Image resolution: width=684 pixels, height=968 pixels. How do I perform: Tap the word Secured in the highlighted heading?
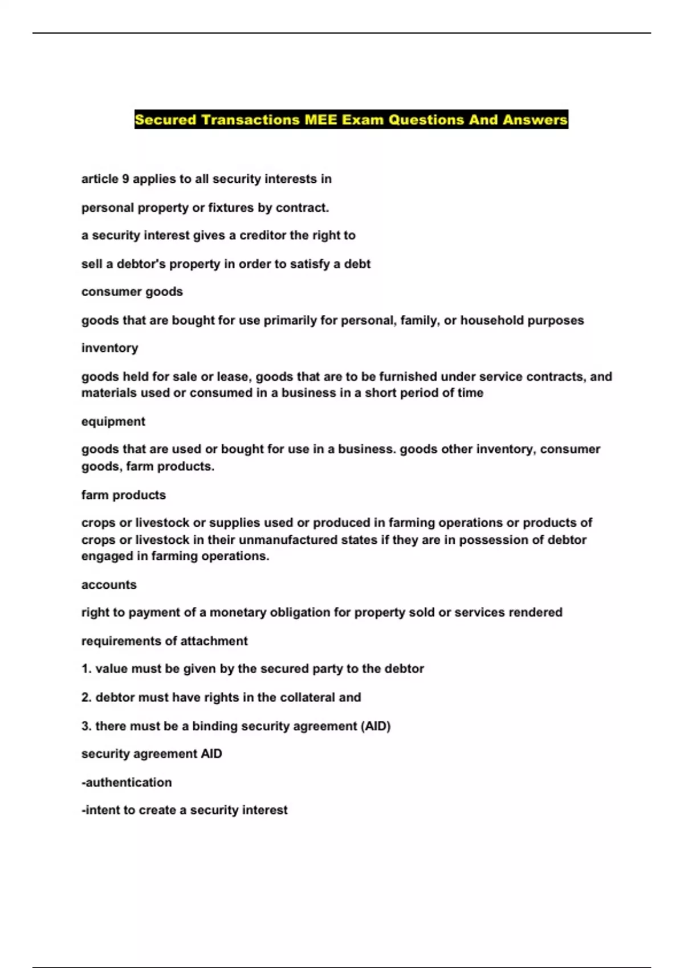(x=165, y=120)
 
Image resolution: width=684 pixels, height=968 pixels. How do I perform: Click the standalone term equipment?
(x=113, y=421)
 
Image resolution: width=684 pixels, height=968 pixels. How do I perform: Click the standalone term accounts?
(x=109, y=585)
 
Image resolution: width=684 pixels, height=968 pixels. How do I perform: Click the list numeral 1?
(x=86, y=669)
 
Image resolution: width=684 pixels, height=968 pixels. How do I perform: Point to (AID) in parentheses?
(x=376, y=726)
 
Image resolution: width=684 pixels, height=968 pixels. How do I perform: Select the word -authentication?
(x=127, y=782)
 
